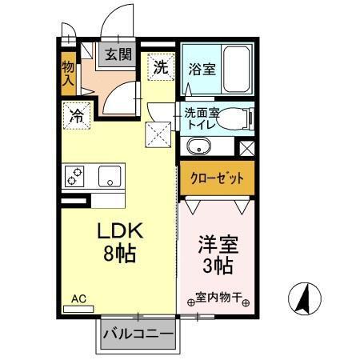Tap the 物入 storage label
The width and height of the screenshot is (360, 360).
tap(70, 70)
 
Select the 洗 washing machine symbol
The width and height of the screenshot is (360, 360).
tap(160, 66)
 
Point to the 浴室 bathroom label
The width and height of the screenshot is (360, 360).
tap(201, 70)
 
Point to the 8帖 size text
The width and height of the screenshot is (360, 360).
tap(120, 255)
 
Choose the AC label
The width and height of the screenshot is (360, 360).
tap(78, 299)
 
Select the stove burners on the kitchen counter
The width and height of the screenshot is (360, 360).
tap(77, 175)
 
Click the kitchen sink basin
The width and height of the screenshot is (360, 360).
tap(110, 174)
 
